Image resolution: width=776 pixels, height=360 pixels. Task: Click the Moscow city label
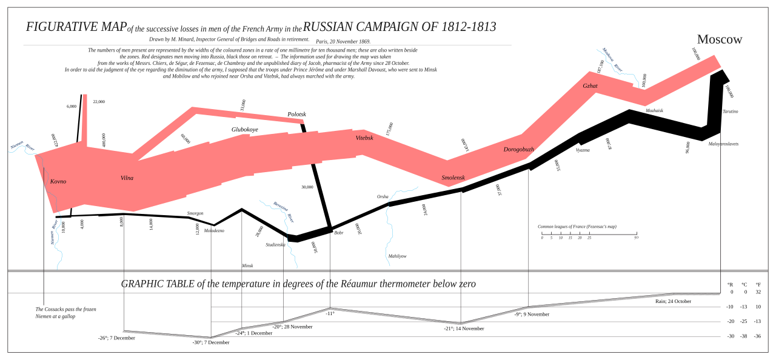coord(719,39)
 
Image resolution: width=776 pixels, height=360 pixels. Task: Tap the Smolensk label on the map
coord(453,178)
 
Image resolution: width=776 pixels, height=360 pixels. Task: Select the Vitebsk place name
coord(364,138)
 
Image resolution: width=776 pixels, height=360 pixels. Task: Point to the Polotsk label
coord(296,114)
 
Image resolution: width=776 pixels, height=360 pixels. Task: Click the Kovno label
coord(58,181)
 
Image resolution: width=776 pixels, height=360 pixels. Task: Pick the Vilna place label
coord(127,178)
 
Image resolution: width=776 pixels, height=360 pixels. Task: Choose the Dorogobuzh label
coord(518,149)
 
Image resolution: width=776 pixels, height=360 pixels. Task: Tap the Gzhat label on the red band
coord(590,86)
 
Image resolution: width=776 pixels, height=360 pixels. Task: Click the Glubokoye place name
coord(244,129)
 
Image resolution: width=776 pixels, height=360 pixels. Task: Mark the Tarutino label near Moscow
coord(730,112)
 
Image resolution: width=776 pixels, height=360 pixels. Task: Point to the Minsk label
coord(247,265)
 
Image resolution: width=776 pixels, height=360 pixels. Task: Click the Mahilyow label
coord(397,256)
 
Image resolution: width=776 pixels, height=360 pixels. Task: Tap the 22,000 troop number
coord(99,102)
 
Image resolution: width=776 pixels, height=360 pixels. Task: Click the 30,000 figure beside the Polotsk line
coord(307,187)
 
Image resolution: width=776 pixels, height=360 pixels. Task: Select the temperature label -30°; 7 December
coord(211,342)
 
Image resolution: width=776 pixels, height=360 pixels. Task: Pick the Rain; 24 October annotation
coord(673,301)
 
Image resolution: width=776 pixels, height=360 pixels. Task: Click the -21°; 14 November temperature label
coord(464,328)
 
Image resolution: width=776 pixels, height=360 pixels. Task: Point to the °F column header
coord(758,284)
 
